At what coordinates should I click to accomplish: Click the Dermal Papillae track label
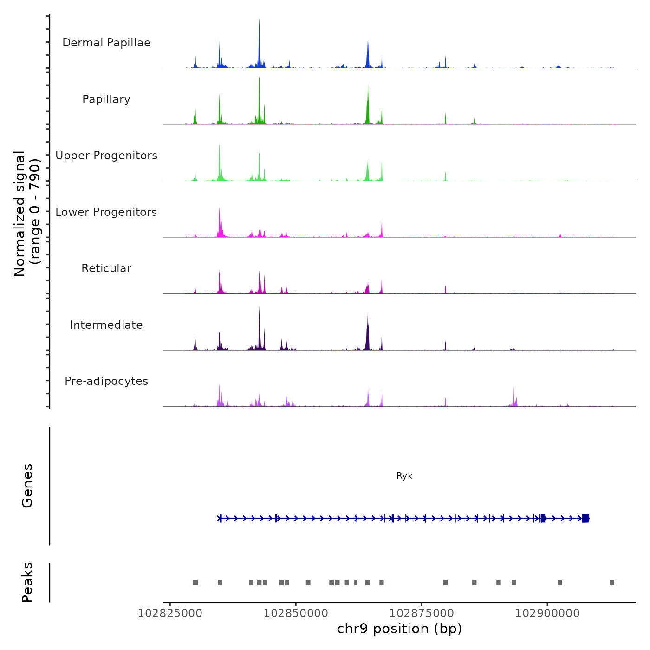point(106,43)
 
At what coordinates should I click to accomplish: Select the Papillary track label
point(106,99)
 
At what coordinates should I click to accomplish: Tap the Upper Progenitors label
point(106,156)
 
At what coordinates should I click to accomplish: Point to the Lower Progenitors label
point(106,212)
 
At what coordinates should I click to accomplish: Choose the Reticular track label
point(106,268)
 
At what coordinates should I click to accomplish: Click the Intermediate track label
point(106,325)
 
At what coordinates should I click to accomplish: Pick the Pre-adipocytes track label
point(106,381)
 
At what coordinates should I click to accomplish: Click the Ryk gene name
point(404,476)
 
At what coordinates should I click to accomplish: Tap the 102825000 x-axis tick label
point(170,613)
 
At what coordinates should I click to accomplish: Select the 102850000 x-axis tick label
point(296,613)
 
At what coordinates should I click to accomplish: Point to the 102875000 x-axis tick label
point(422,613)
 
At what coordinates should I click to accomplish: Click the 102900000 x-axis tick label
point(547,613)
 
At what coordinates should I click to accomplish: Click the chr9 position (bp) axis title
point(399,629)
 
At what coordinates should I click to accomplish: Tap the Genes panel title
point(27,486)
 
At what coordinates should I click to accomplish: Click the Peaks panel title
point(27,582)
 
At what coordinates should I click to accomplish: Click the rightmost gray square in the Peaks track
point(612,583)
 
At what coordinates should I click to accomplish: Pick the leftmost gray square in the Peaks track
point(195,583)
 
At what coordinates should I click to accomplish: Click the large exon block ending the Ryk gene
point(585,518)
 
